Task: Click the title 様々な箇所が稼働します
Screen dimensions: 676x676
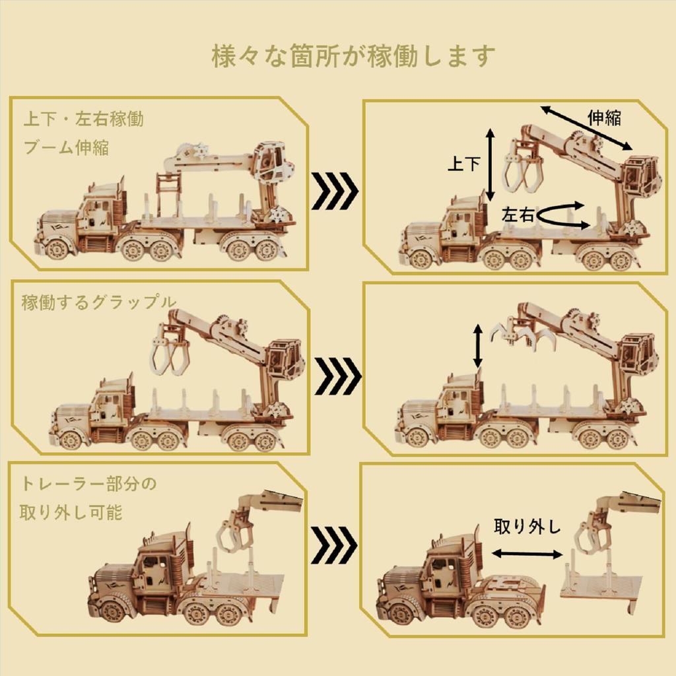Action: [354, 56]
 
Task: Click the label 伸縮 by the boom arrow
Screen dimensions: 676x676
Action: [603, 118]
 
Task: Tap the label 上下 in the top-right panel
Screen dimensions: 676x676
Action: [463, 163]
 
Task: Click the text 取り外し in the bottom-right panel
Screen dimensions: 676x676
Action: [527, 527]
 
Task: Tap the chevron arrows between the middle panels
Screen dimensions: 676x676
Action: [334, 376]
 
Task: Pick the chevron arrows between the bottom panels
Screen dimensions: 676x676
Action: [334, 545]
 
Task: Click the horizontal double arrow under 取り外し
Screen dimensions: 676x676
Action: [527, 554]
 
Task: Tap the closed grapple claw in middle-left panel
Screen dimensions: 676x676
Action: [170, 354]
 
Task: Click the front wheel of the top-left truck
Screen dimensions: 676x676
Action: [57, 248]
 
